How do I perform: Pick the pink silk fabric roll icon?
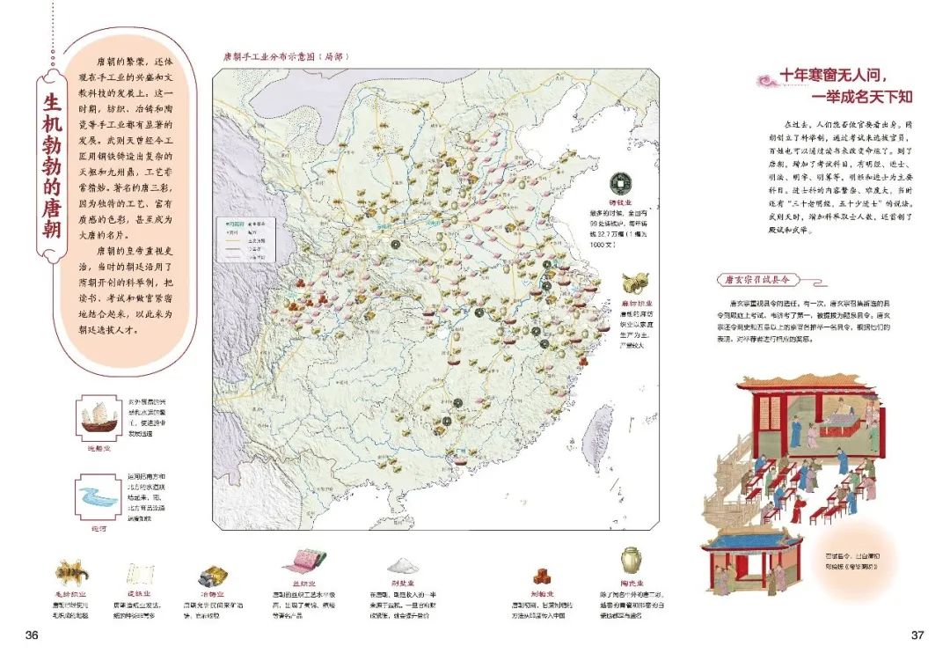(304, 561)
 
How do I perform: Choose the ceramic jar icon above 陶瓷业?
(630, 561)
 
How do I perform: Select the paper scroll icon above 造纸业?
(141, 573)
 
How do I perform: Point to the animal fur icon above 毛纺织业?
(73, 570)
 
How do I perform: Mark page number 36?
(33, 635)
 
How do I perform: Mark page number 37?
(917, 635)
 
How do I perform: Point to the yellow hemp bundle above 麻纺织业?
(631, 283)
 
